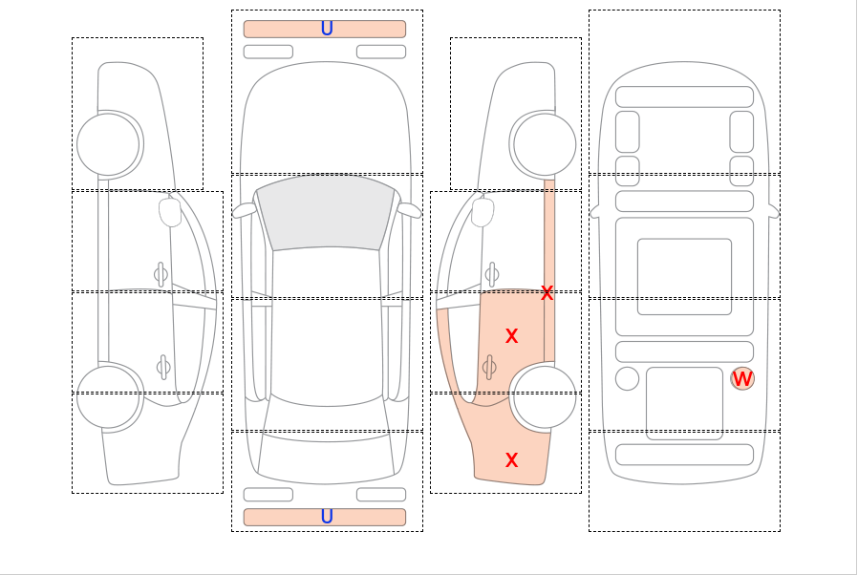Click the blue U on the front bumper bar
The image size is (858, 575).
click(x=327, y=29)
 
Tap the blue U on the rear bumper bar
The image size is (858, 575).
click(x=327, y=517)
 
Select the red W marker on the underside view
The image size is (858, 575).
click(x=742, y=379)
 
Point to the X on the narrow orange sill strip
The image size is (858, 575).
click(x=547, y=293)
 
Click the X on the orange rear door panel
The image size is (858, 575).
click(x=511, y=336)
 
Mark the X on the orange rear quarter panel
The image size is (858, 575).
click(x=511, y=460)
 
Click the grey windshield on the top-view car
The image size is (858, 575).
click(x=326, y=213)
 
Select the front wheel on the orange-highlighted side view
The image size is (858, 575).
click(x=545, y=145)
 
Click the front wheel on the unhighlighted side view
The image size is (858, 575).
click(x=108, y=145)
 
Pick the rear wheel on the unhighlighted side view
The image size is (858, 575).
click(x=108, y=397)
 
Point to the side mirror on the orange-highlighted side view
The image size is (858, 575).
click(x=483, y=212)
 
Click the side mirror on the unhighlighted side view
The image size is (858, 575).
click(x=170, y=212)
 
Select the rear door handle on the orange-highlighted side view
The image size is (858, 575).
click(x=490, y=367)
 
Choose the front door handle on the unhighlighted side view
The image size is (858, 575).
click(x=161, y=275)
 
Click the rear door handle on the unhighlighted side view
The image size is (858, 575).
click(x=163, y=367)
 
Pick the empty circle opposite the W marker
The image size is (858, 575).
click(x=627, y=378)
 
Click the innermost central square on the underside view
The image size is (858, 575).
click(x=684, y=276)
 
